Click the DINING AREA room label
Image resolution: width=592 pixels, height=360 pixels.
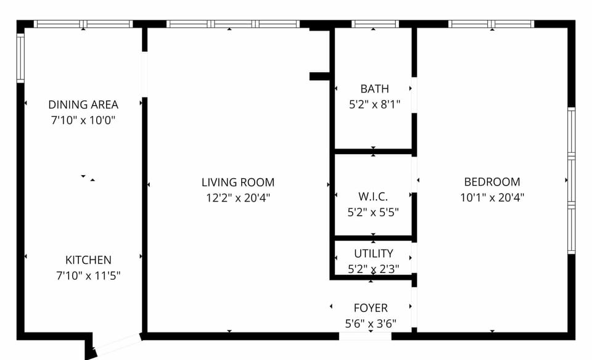(83, 105)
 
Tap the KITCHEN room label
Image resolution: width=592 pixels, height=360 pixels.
(88, 260)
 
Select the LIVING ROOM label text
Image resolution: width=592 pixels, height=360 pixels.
(238, 182)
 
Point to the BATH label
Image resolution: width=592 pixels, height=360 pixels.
(374, 89)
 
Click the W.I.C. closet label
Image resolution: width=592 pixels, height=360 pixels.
(373, 197)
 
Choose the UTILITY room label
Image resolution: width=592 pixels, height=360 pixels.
(374, 253)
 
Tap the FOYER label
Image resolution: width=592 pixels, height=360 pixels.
(371, 308)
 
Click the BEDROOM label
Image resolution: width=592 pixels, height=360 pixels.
(492, 182)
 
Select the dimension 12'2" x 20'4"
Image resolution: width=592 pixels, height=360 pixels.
(238, 198)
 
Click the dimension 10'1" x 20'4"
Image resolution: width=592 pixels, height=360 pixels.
(492, 197)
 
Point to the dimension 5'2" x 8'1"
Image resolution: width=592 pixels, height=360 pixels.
(374, 104)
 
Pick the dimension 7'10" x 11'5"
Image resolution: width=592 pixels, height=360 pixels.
(88, 276)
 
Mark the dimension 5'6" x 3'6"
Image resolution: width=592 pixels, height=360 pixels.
(371, 324)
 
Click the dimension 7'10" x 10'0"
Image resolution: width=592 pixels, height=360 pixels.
(83, 120)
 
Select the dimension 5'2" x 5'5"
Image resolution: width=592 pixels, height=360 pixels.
(373, 212)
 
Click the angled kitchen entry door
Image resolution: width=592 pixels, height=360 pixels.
(117, 344)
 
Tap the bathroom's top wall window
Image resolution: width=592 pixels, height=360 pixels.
(375, 24)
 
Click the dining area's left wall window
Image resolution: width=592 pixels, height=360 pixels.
(20, 58)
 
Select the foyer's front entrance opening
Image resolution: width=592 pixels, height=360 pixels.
(365, 336)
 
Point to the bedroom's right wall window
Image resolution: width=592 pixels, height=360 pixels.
(572, 181)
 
